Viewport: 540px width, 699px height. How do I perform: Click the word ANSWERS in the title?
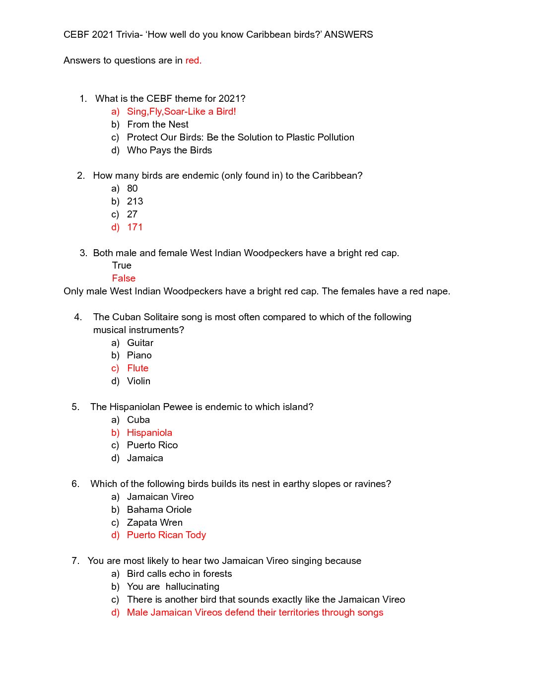click(348, 34)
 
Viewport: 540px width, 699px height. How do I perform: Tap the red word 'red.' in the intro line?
click(193, 60)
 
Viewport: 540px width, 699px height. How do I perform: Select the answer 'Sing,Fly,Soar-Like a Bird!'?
click(181, 111)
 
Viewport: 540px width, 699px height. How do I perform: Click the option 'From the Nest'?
click(158, 124)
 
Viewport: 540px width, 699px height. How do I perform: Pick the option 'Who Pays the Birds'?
click(169, 150)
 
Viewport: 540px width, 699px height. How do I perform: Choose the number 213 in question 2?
click(135, 201)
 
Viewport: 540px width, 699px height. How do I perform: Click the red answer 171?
click(135, 227)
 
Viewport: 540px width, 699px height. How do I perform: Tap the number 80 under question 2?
click(133, 188)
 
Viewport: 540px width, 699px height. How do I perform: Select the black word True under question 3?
click(122, 265)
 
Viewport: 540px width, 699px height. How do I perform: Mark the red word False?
click(124, 278)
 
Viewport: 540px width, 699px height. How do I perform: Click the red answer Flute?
click(137, 368)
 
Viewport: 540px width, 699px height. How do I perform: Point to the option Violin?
click(138, 381)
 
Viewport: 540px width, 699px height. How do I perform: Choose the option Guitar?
click(140, 343)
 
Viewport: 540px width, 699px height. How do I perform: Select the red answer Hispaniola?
click(149, 432)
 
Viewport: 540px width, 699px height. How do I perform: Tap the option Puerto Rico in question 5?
click(152, 445)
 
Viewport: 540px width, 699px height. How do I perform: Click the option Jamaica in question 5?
click(145, 458)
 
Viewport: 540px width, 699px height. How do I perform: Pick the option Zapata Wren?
click(155, 522)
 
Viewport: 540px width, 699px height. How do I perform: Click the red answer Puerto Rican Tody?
click(166, 535)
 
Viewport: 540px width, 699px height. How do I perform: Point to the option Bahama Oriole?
click(159, 509)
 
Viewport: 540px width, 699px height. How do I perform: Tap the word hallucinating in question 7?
click(193, 586)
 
